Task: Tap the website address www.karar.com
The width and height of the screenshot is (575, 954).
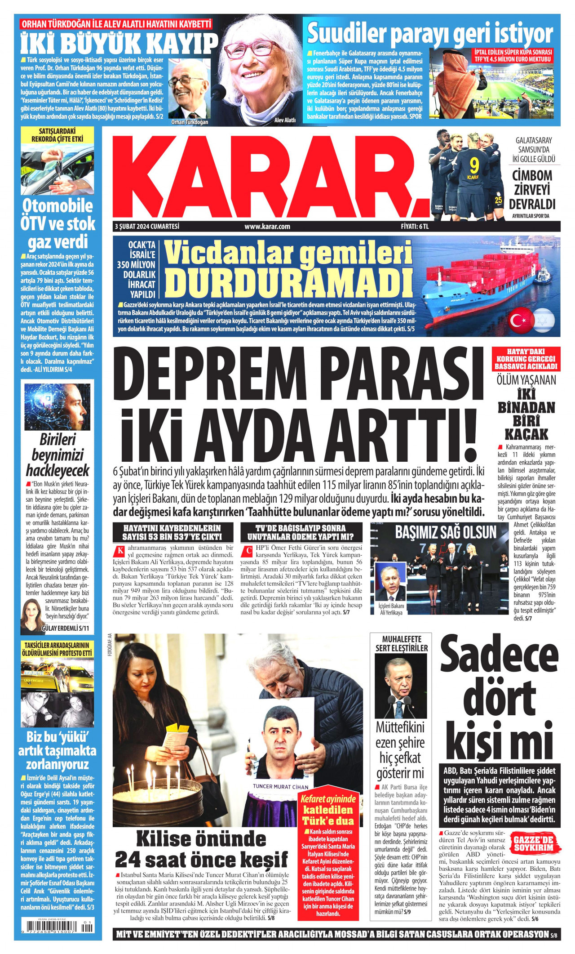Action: pos(267,227)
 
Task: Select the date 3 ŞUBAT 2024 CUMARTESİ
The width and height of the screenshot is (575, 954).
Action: pos(147,227)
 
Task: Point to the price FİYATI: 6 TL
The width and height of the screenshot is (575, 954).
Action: pos(415,227)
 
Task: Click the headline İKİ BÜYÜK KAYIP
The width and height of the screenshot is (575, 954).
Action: pos(119,44)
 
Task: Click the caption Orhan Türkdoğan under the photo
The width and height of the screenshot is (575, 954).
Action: pos(190,122)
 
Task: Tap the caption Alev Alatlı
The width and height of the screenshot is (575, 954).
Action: pos(285,120)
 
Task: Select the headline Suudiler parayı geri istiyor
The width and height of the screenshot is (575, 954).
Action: pos(429,33)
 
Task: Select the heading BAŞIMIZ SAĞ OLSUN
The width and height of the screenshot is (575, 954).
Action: pos(446,532)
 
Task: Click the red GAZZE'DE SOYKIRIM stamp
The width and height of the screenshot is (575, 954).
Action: pos(536,843)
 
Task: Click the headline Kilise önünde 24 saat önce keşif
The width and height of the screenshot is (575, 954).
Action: pos(201,849)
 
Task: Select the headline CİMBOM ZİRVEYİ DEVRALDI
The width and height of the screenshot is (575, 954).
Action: pos(532,189)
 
